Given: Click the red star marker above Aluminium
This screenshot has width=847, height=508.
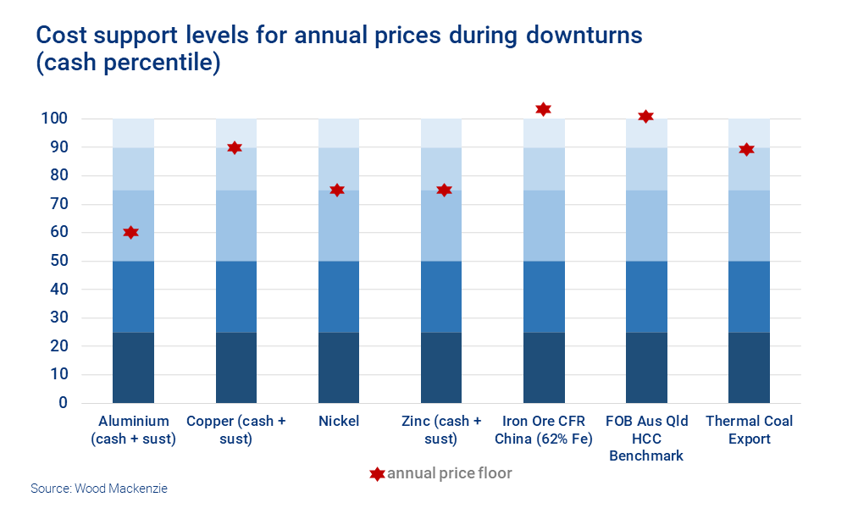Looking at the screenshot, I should pyautogui.click(x=130, y=233).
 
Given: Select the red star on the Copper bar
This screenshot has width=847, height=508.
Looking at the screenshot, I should pyautogui.click(x=235, y=148).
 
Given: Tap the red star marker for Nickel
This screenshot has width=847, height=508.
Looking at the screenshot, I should pyautogui.click(x=337, y=190).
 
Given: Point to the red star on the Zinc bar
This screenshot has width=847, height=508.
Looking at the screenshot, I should pyautogui.click(x=443, y=190).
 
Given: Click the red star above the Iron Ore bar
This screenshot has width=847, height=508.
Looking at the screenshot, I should pyautogui.click(x=543, y=109).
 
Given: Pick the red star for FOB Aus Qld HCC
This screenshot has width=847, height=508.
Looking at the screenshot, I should pyautogui.click(x=645, y=117).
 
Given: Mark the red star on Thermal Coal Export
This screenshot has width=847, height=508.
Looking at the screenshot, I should pyautogui.click(x=746, y=150).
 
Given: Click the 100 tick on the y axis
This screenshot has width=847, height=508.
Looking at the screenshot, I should pyautogui.click(x=54, y=119).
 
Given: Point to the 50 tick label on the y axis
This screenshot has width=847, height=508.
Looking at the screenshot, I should pyautogui.click(x=58, y=261).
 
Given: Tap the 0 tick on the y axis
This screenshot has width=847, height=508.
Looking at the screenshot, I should pyautogui.click(x=62, y=403).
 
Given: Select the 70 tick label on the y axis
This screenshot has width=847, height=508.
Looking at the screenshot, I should pyautogui.click(x=58, y=204).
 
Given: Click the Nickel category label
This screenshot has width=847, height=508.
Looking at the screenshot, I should pyautogui.click(x=339, y=422).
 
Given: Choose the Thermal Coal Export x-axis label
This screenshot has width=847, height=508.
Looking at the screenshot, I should pyautogui.click(x=750, y=430).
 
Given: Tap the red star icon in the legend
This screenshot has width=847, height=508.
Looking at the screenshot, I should pyautogui.click(x=377, y=474).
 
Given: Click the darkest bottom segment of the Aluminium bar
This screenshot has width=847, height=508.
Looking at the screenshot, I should pyautogui.click(x=133, y=367).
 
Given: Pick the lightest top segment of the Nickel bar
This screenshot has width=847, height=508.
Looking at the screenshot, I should pyautogui.click(x=339, y=133).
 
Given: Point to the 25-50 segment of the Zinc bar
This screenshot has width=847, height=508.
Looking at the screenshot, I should pyautogui.click(x=441, y=296).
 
